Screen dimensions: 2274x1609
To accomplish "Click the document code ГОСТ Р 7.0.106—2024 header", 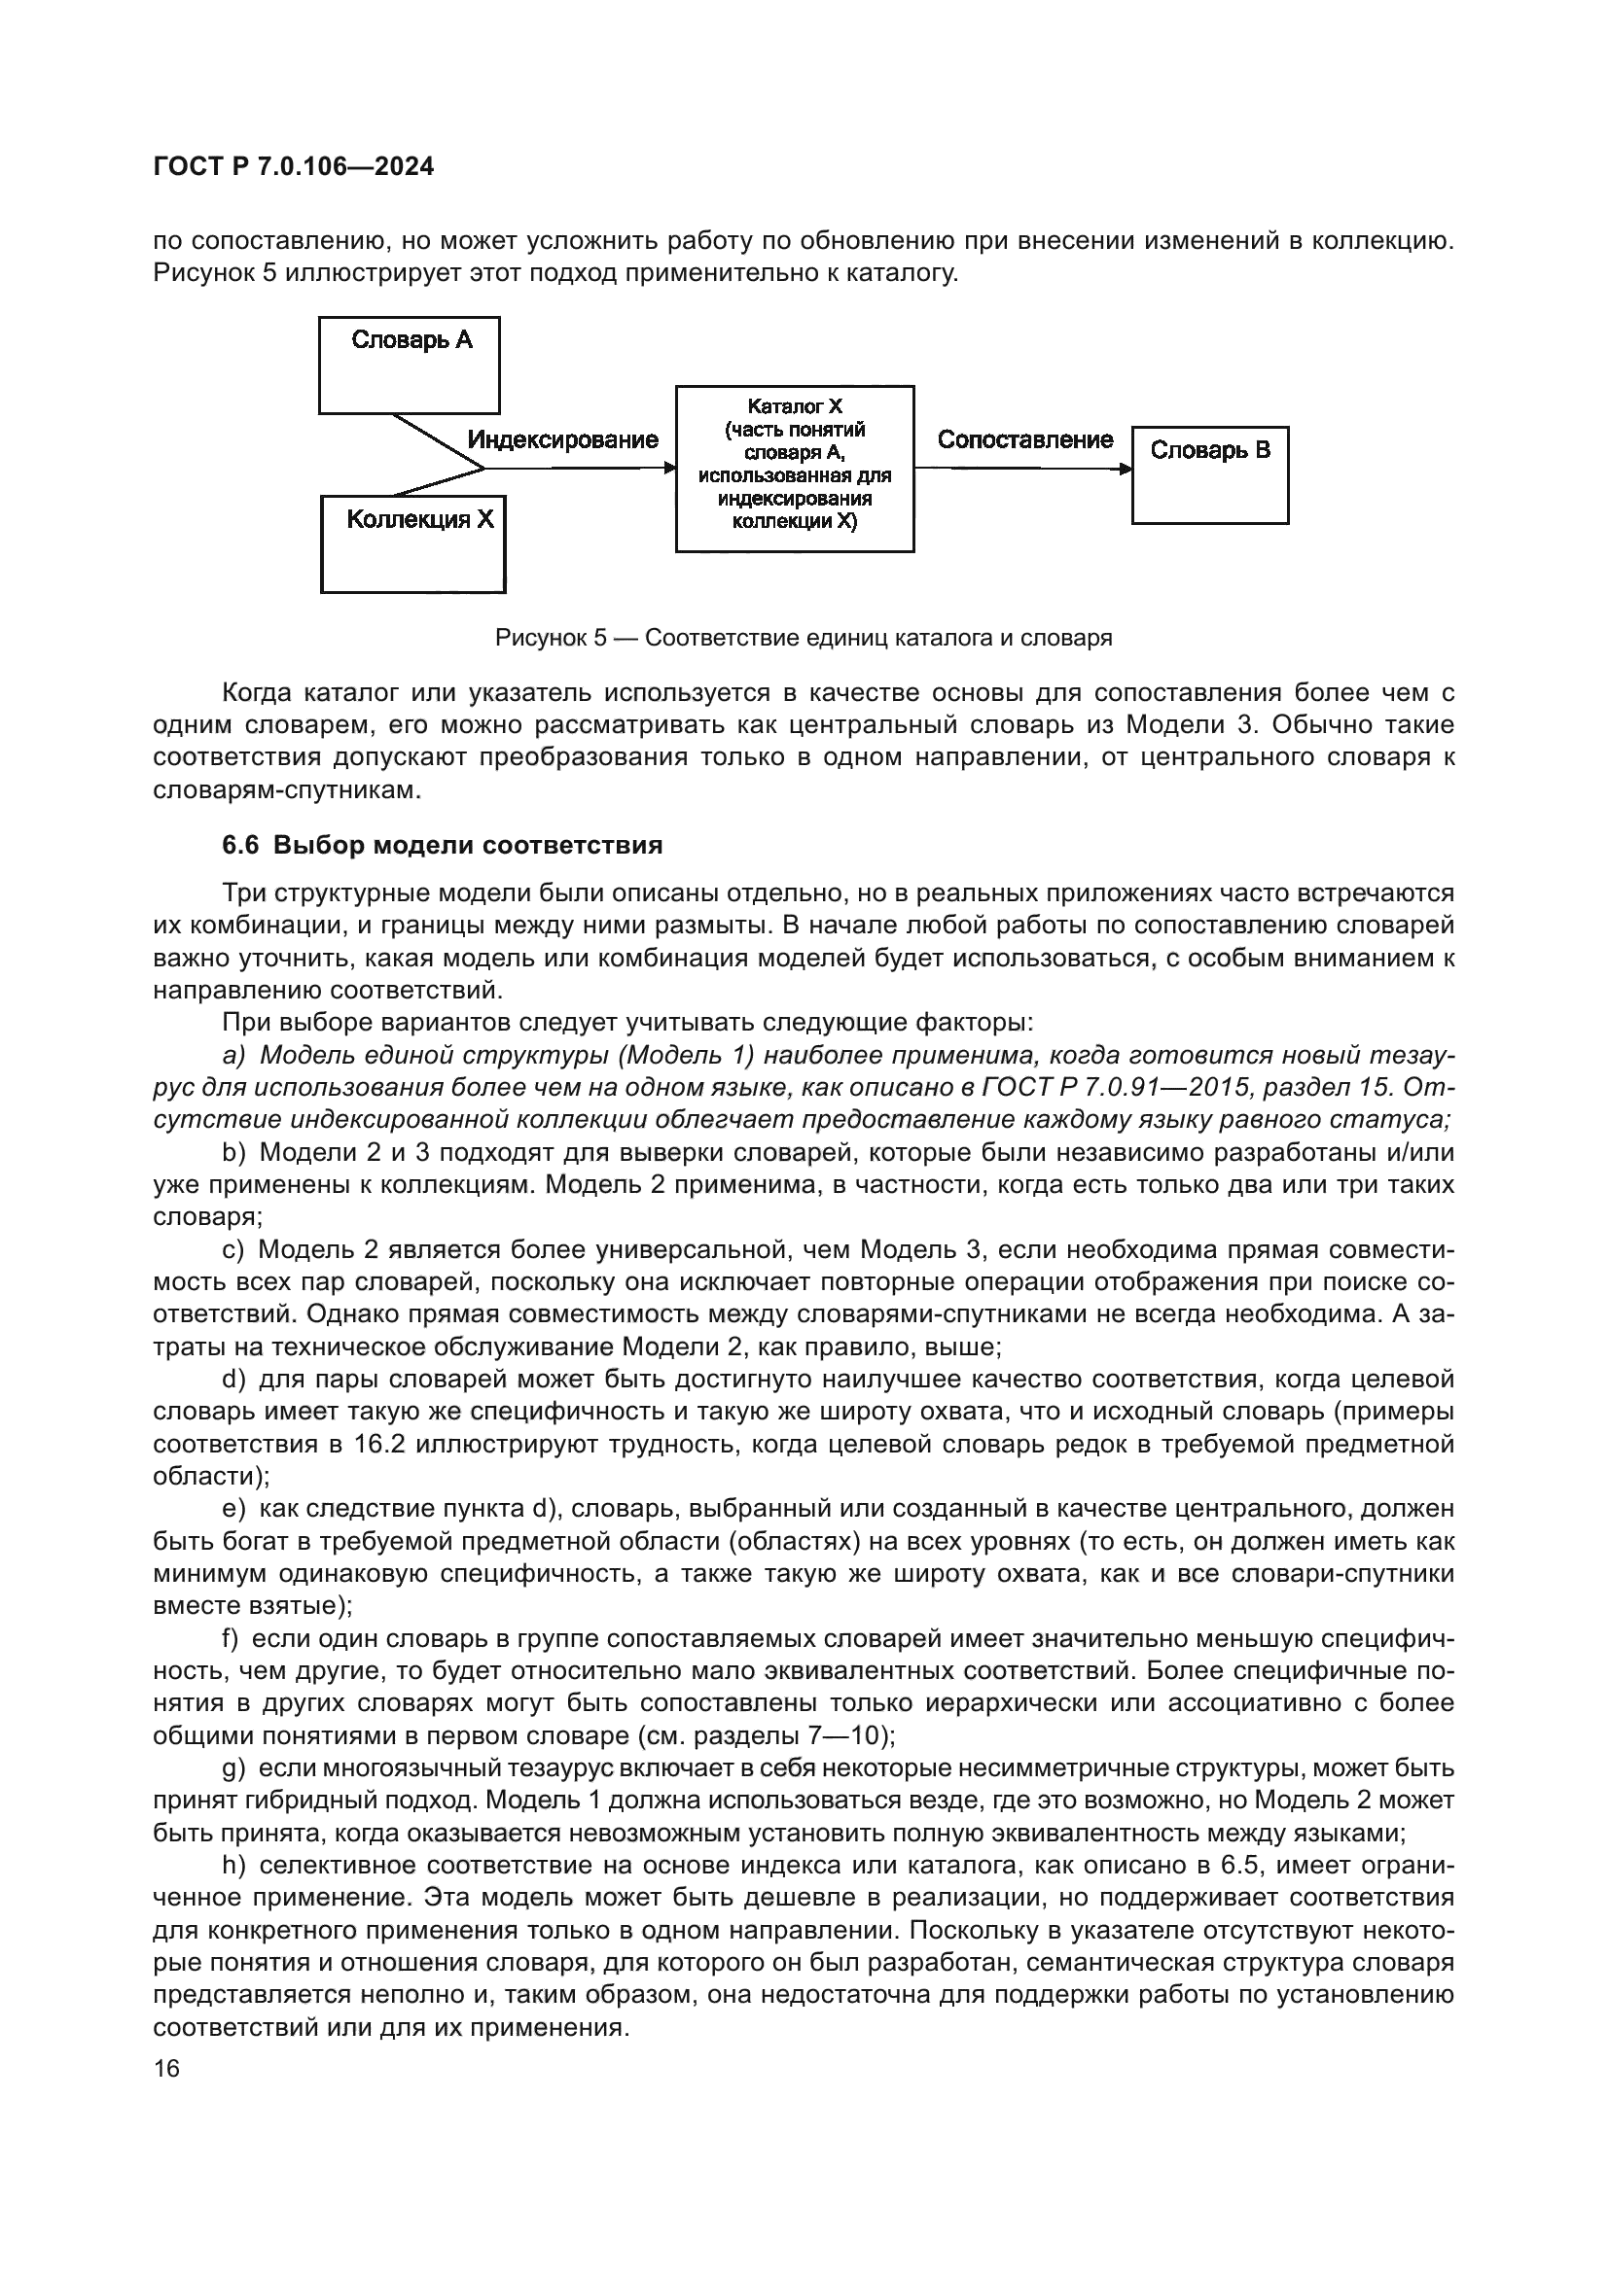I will coord(293,166).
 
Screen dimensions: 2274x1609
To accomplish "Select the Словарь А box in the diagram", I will coord(409,365).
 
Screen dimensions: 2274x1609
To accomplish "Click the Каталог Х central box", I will coord(794,468).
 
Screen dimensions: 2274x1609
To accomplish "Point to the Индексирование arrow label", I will coord(561,439).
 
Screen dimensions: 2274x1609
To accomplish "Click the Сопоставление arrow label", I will coord(1024,439).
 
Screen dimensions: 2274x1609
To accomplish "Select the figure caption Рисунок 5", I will coord(803,638).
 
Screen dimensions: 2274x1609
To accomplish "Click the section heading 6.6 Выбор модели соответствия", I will coord(442,846).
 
